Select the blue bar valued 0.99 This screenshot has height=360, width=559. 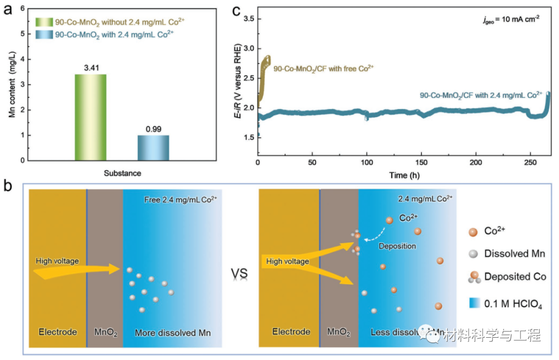click(153, 148)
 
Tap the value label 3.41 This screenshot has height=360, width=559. click(91, 67)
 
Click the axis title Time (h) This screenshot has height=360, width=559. click(405, 175)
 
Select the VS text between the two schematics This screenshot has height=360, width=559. click(240, 272)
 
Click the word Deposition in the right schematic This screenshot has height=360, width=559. click(398, 246)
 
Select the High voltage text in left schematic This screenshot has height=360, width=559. click(57, 261)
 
